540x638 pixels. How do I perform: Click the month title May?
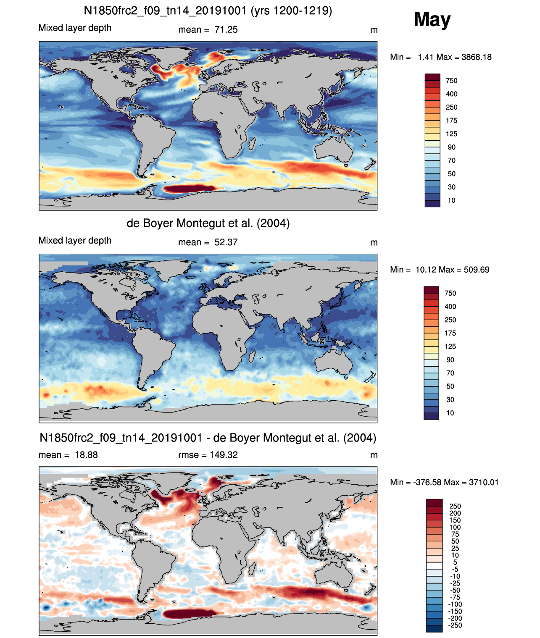(432, 20)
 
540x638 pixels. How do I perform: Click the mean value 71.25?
(226, 30)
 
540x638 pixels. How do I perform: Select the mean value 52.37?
(226, 242)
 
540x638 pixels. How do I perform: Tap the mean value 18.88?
(86, 455)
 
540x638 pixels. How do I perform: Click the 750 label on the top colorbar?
(451, 81)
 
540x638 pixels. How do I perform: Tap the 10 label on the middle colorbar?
(450, 413)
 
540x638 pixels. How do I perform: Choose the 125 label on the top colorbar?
(451, 134)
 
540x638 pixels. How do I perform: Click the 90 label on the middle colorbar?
(450, 360)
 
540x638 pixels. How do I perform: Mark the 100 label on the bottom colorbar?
(455, 527)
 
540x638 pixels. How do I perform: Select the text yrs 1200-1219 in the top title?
(291, 11)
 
